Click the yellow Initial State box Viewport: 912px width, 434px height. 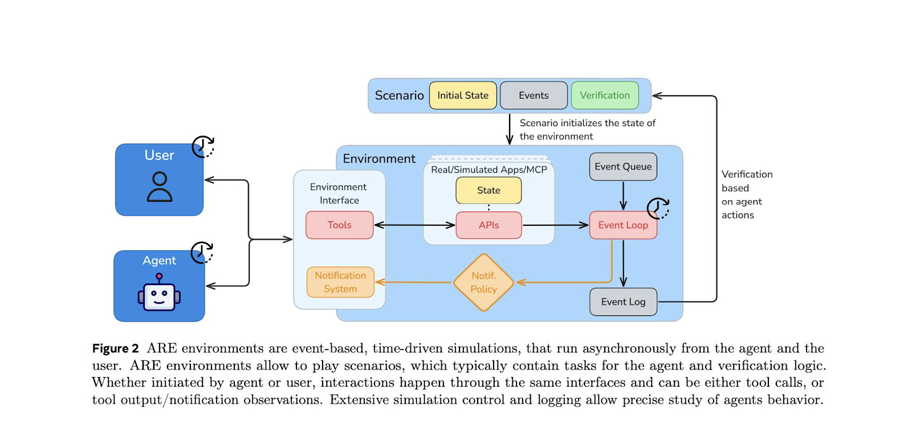click(x=463, y=95)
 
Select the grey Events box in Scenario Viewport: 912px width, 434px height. click(x=534, y=95)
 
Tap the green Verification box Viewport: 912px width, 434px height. click(x=605, y=95)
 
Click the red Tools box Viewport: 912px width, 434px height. click(x=340, y=225)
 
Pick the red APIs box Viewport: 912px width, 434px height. click(x=488, y=225)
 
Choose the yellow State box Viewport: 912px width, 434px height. click(x=488, y=190)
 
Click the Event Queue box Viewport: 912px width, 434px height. click(x=623, y=167)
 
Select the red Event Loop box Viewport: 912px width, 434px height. click(x=623, y=225)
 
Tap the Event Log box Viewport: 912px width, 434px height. click(x=624, y=302)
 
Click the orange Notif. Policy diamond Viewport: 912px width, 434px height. click(x=484, y=282)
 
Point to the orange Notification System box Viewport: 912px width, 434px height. click(x=340, y=282)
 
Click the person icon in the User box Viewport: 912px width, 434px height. click(x=160, y=186)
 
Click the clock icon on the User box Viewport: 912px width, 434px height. click(x=203, y=147)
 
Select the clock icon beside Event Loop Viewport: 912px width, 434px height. click(x=658, y=209)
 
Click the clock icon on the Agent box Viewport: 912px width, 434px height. click(x=202, y=253)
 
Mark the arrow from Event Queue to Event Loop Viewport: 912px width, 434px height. click(x=623, y=196)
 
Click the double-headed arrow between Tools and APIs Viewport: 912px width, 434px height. click(x=414, y=225)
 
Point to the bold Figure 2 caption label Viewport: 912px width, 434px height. click(x=116, y=348)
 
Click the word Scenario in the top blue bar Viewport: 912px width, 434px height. click(x=400, y=95)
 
